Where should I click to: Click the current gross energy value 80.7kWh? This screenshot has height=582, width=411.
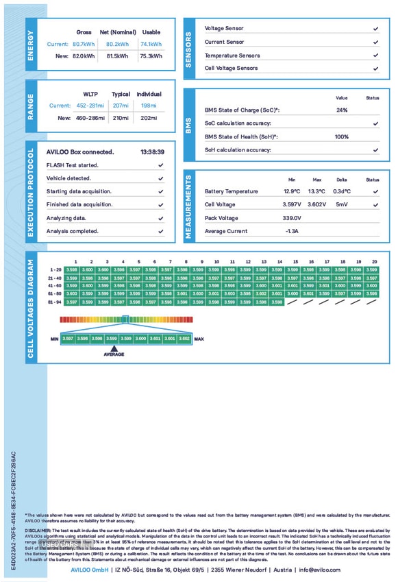pyautogui.click(x=84, y=45)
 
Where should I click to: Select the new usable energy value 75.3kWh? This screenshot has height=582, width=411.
pyautogui.click(x=150, y=56)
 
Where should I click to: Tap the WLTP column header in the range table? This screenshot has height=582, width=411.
pyautogui.click(x=90, y=94)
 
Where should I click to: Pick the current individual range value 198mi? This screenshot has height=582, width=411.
pyautogui.click(x=149, y=106)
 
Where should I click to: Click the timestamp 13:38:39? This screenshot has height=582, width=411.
pyautogui.click(x=151, y=151)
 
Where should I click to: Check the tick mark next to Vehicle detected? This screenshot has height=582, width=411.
pyautogui.click(x=160, y=178)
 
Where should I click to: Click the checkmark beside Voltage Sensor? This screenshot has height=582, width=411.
pyautogui.click(x=375, y=29)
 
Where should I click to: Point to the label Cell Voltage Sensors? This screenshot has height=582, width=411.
pyautogui.click(x=232, y=69)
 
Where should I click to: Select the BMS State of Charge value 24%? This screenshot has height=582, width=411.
pyautogui.click(x=342, y=110)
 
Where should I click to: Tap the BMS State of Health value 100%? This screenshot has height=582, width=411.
pyautogui.click(x=342, y=136)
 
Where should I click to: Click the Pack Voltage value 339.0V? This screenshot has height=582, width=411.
pyautogui.click(x=292, y=218)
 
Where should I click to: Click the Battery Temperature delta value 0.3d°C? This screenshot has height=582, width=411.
pyautogui.click(x=342, y=191)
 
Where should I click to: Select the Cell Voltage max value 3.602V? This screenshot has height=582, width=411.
pyautogui.click(x=316, y=204)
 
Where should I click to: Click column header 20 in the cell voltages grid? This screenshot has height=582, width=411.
pyautogui.click(x=374, y=262)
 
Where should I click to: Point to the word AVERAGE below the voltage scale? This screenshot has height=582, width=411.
pyautogui.click(x=114, y=354)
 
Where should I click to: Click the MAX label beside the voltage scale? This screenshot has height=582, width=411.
pyautogui.click(x=199, y=339)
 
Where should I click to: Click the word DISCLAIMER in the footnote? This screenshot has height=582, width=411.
pyautogui.click(x=38, y=530)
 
